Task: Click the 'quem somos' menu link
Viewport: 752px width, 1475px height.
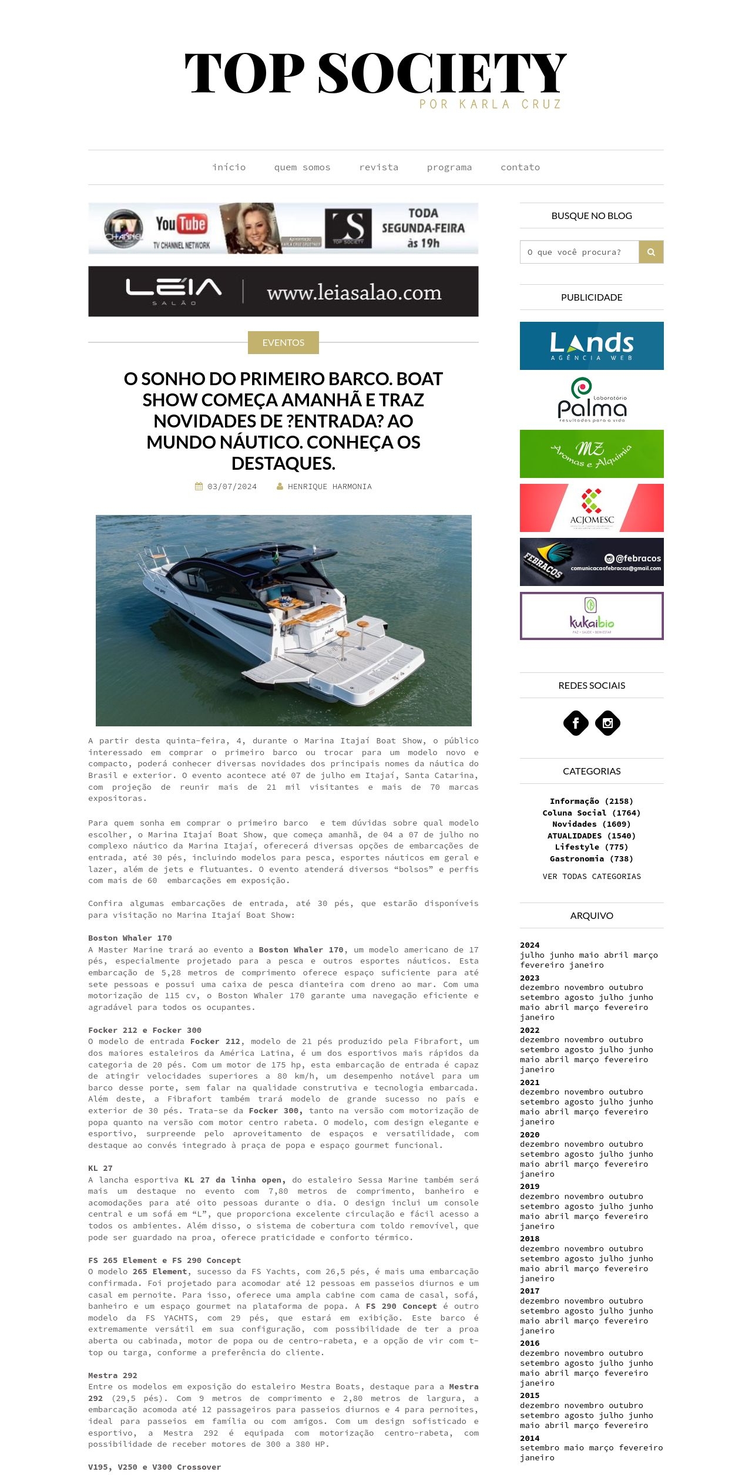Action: click(x=302, y=167)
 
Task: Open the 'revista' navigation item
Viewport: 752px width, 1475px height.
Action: click(x=378, y=167)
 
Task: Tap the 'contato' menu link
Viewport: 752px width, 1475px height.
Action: click(x=520, y=167)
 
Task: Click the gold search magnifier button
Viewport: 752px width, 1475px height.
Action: click(x=651, y=252)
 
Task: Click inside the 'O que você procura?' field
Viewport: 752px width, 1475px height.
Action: click(x=579, y=252)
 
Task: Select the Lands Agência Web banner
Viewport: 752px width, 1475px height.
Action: click(x=592, y=346)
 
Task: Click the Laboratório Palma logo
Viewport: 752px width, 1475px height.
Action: click(x=592, y=400)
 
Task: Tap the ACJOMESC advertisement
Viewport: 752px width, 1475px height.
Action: click(x=592, y=508)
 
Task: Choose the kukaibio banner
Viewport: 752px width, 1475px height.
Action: click(x=592, y=616)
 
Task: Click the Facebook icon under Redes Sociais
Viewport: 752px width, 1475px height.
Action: click(x=576, y=723)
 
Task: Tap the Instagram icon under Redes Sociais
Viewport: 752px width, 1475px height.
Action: click(x=607, y=723)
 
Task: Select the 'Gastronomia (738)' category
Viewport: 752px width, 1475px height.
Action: click(x=592, y=858)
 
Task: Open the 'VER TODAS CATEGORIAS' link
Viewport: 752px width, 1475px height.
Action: click(x=592, y=876)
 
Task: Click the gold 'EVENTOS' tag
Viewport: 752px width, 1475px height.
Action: click(x=283, y=342)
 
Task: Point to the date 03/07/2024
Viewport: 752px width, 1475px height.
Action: click(x=231, y=486)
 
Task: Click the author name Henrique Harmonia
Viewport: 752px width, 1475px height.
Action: click(x=330, y=486)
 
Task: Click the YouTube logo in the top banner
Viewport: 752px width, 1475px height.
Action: click(x=181, y=224)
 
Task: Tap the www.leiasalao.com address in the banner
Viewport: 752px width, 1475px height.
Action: click(x=354, y=292)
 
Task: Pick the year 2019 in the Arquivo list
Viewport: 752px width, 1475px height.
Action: click(x=529, y=1186)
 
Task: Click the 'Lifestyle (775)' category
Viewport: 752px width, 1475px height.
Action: click(x=592, y=847)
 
